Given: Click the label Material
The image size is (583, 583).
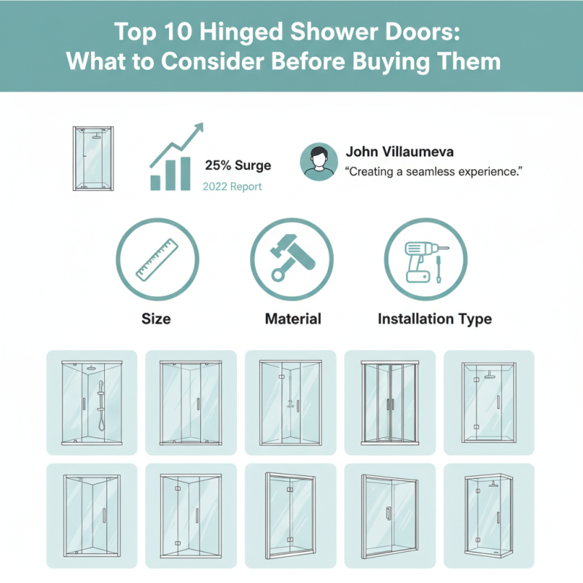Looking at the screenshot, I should pyautogui.click(x=293, y=318).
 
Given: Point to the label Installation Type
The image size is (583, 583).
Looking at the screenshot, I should pyautogui.click(x=434, y=318).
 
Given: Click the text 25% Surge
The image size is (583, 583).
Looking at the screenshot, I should pyautogui.click(x=238, y=165).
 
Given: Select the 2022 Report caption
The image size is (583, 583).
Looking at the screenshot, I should pyautogui.click(x=232, y=187).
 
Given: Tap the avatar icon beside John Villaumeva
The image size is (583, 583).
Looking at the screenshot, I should pyautogui.click(x=318, y=163).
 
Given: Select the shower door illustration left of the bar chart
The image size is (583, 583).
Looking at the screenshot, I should pyautogui.click(x=93, y=159).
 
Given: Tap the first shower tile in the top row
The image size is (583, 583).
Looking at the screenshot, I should pyautogui.click(x=92, y=402).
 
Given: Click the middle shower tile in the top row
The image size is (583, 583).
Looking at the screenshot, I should pyautogui.click(x=290, y=402).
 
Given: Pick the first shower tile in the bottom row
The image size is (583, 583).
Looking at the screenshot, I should pyautogui.click(x=92, y=515).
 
